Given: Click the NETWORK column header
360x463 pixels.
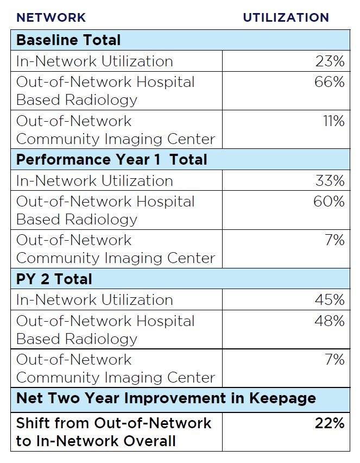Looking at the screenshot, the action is point(51,17).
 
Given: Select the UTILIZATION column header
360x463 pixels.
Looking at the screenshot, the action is point(286,17).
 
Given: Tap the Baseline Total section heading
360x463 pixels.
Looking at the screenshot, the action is point(68,40).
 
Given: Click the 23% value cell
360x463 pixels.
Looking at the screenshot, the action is point(330,61).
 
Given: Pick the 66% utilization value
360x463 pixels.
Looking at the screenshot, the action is point(329,82).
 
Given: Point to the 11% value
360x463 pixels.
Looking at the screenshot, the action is point(333,121).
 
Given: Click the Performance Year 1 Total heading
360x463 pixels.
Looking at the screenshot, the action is point(111,159).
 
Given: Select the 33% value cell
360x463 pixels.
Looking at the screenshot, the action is point(330,180).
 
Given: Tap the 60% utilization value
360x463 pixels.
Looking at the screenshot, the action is point(329,202).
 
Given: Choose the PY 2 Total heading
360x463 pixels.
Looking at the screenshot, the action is point(54,279).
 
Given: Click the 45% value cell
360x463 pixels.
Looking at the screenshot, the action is point(329,300).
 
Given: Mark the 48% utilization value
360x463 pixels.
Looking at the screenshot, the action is point(329,321).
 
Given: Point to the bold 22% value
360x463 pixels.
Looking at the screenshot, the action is point(329,423).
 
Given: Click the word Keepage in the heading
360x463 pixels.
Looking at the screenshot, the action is point(283,398).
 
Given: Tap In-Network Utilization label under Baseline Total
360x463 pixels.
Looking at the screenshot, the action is point(94,61).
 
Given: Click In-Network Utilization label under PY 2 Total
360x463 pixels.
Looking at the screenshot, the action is point(94,300).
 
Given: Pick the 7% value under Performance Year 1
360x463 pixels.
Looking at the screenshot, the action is point(334,240).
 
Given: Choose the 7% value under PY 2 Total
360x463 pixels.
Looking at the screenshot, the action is point(334,359).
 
